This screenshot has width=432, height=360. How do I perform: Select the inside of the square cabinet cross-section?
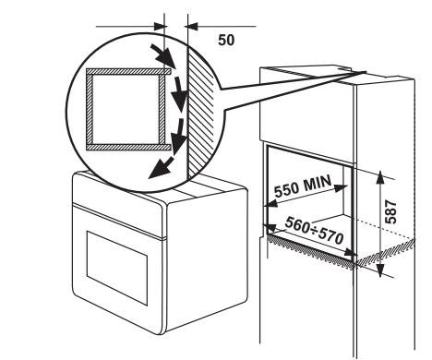tap(122, 106)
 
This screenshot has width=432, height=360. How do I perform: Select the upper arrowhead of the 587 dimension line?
tap(380, 176)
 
